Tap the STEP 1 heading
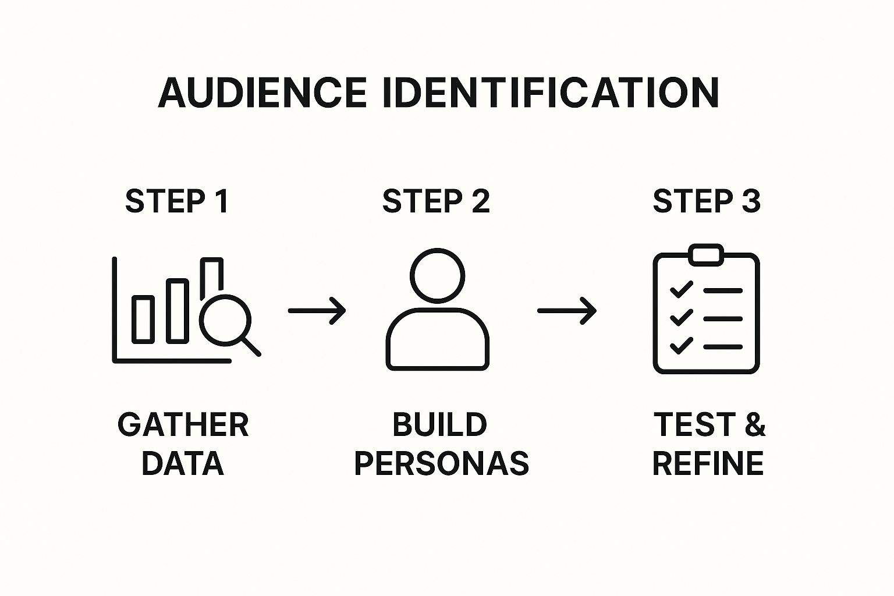coord(177,201)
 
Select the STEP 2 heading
coord(436,201)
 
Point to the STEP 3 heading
coord(707,201)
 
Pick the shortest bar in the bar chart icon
coord(143,319)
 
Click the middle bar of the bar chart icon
coord(178,311)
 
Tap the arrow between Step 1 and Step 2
coord(317,310)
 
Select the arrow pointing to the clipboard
coord(567,310)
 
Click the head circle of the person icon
coord(437,276)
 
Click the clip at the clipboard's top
coord(706,255)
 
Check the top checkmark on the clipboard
coord(681,289)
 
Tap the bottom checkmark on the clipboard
coord(681,346)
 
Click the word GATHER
coord(183,425)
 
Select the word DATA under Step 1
coord(183,463)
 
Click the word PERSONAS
coord(442,463)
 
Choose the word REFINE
coord(708,463)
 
